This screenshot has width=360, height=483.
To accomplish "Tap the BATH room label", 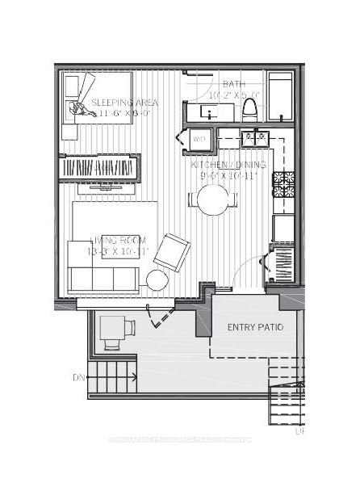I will tap(234, 84).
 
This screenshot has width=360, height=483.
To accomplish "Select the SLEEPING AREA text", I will tap(124, 103).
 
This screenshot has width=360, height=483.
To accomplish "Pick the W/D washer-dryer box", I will tap(199, 140).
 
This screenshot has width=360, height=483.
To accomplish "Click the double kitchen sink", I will tap(254, 138).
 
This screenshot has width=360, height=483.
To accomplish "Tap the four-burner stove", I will tap(283, 184).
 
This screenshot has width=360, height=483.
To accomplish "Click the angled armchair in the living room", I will tap(173, 251).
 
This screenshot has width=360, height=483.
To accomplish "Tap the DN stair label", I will tap(78, 377).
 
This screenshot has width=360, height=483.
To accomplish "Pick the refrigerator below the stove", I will tap(283, 228).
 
